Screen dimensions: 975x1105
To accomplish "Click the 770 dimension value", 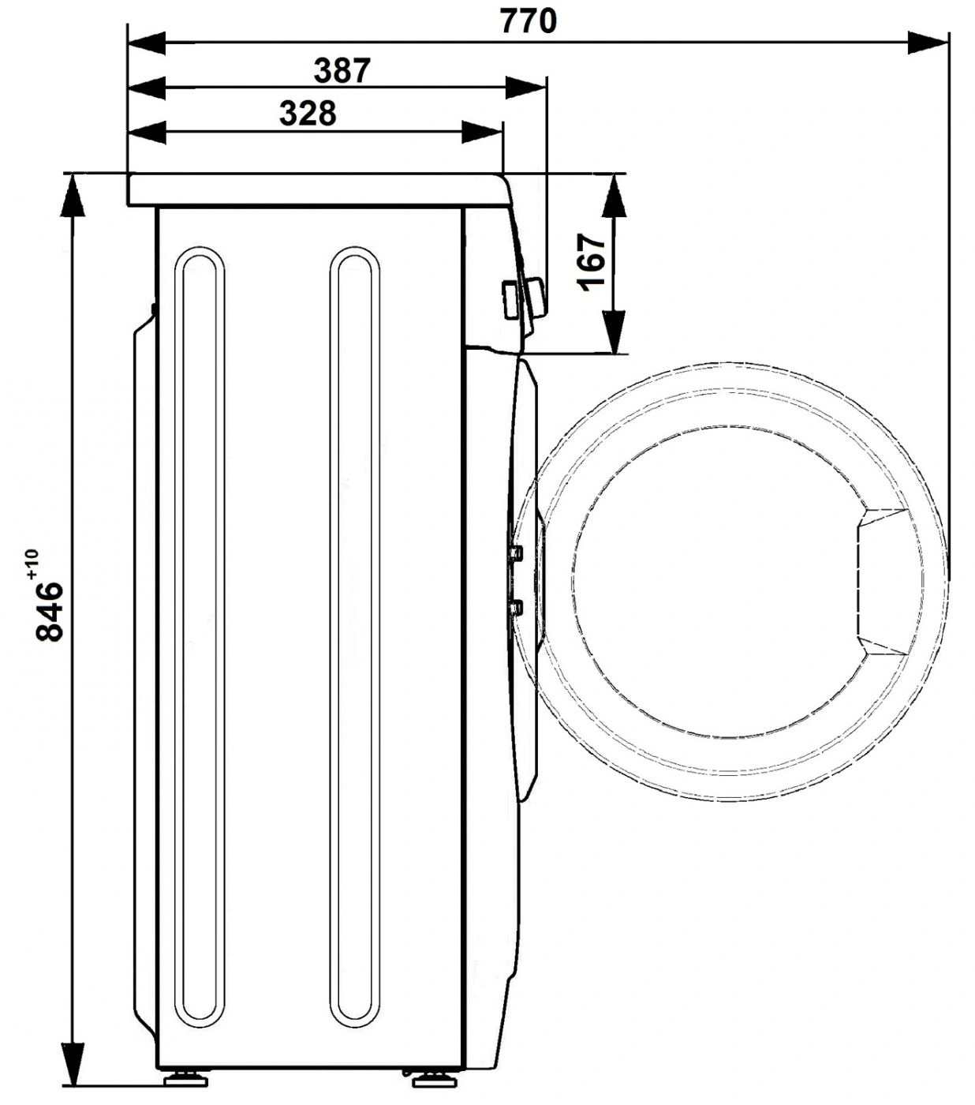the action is point(528,21).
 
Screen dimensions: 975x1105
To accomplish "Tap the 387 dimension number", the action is point(342,70).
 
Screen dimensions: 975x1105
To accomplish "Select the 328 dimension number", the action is point(308,114).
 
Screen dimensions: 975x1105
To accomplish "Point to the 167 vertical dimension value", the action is point(592,262).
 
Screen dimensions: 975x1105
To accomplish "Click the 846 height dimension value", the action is point(50,611).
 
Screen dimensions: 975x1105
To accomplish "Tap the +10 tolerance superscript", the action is point(32,564).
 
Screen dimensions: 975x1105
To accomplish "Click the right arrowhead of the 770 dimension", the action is point(928,43).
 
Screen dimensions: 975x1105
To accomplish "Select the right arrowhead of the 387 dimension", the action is point(526,88).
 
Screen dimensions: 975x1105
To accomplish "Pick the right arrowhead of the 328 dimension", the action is point(482,132).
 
